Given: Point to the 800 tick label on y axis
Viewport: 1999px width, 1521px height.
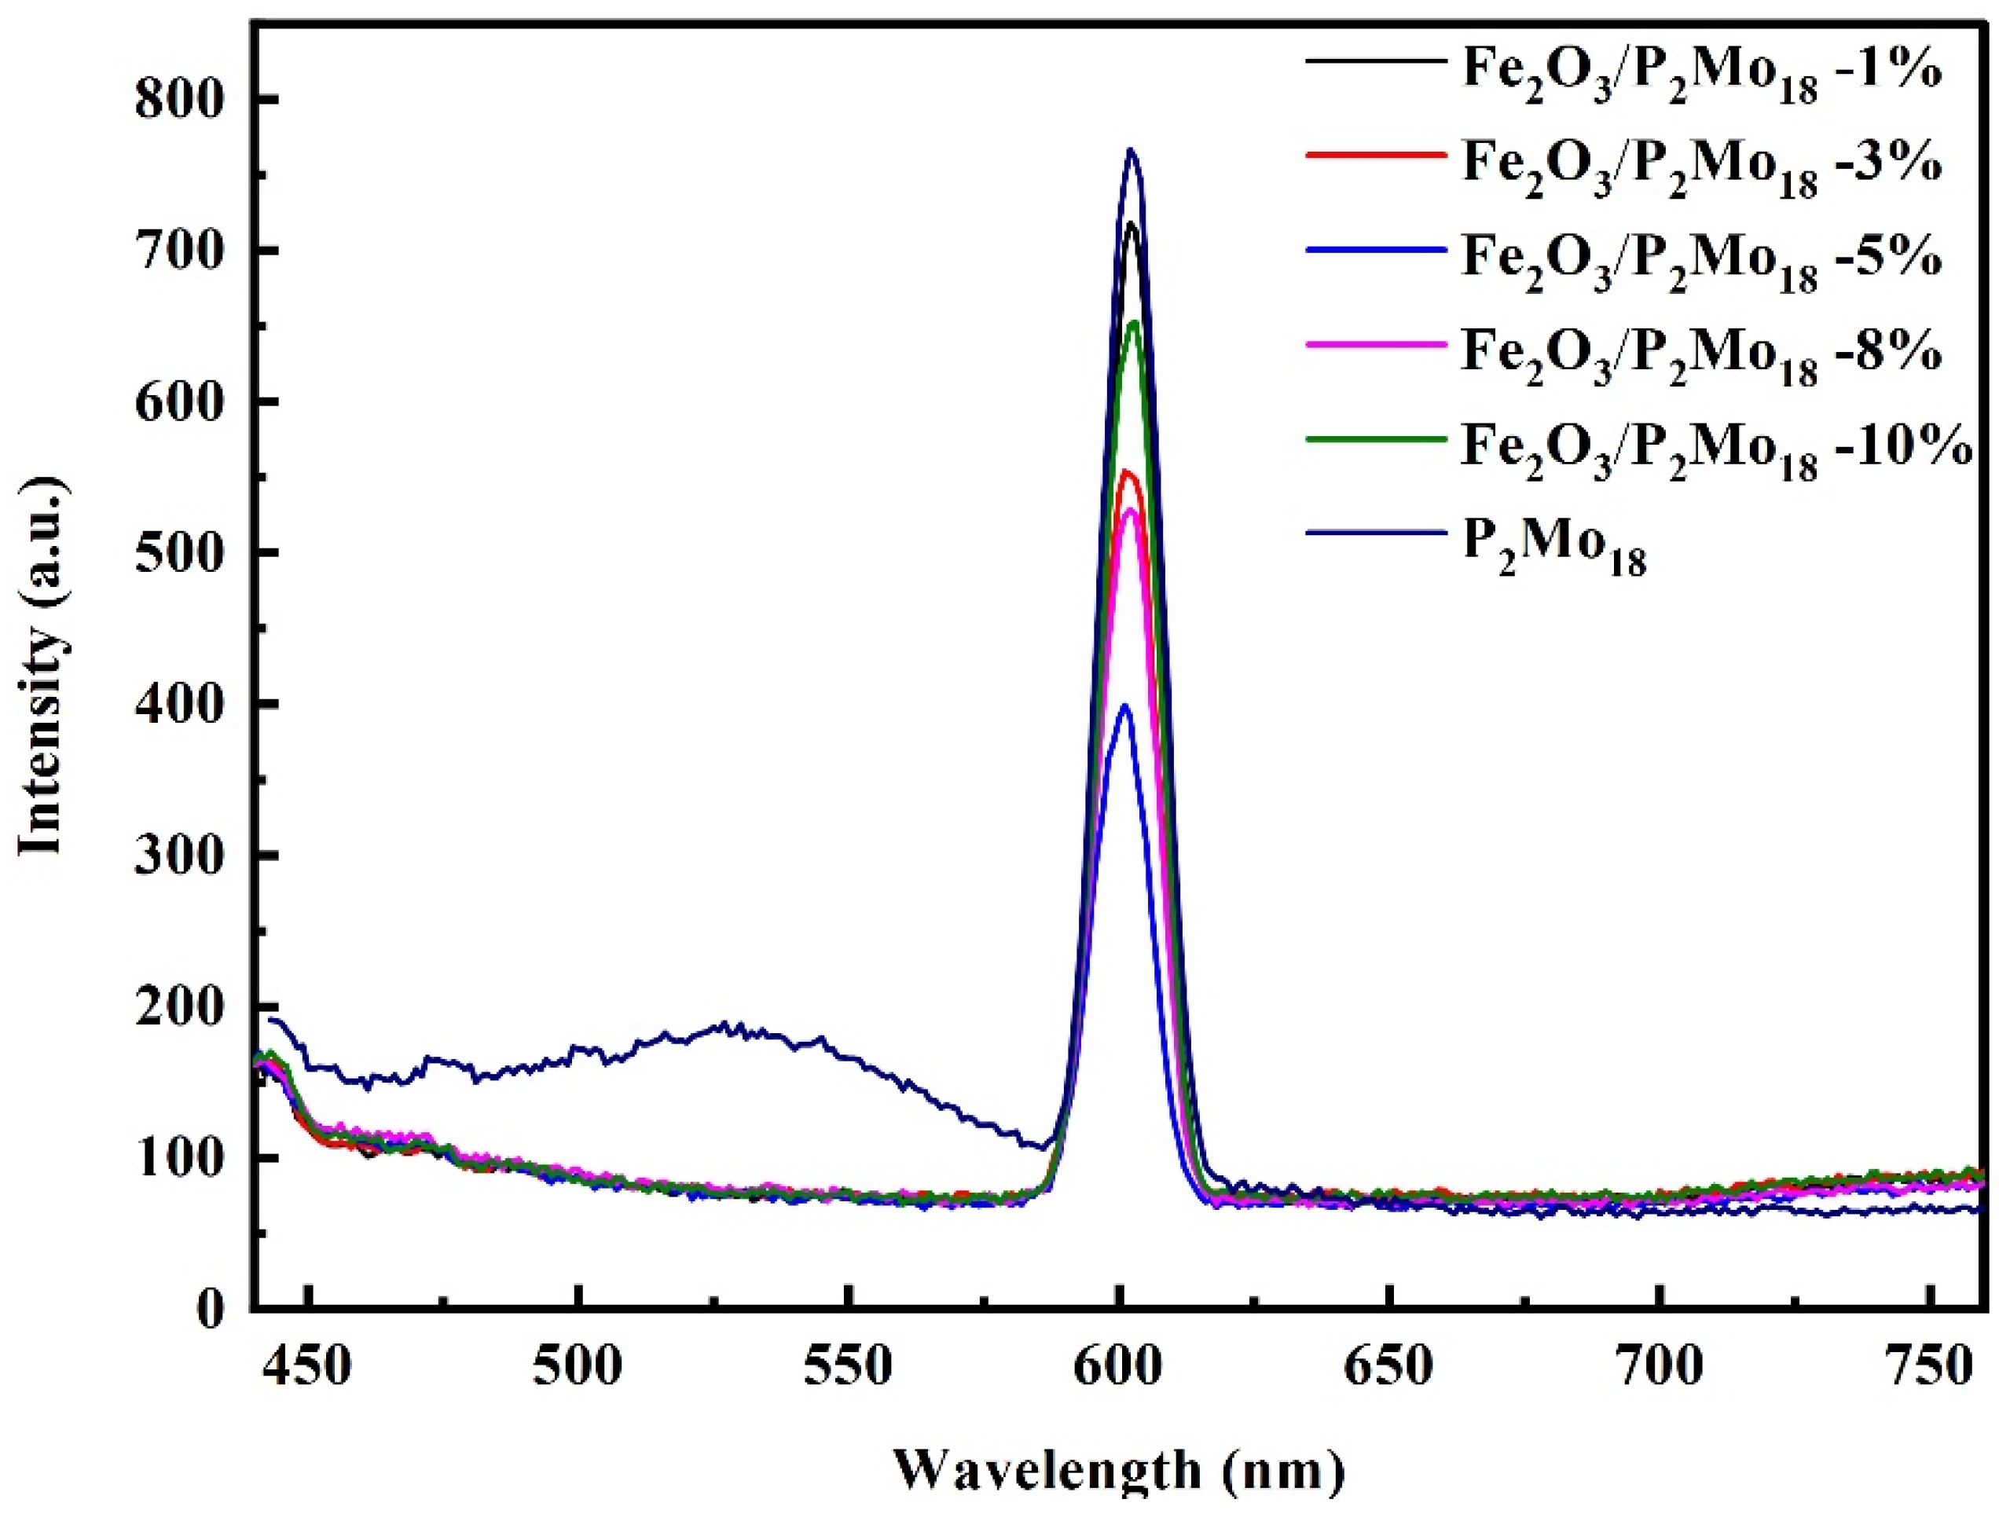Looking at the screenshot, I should pyautogui.click(x=179, y=101).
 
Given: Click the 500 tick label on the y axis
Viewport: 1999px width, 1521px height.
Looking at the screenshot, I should pyautogui.click(x=179, y=553).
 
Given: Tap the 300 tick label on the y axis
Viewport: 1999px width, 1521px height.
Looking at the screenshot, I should pyautogui.click(x=179, y=856).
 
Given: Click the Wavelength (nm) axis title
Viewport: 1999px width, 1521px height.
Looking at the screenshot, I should pyautogui.click(x=1119, y=1472).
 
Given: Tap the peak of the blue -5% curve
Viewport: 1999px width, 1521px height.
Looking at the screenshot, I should pyautogui.click(x=1125, y=706).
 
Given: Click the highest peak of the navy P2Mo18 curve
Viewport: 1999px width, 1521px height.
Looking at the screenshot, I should pyautogui.click(x=1130, y=149).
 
